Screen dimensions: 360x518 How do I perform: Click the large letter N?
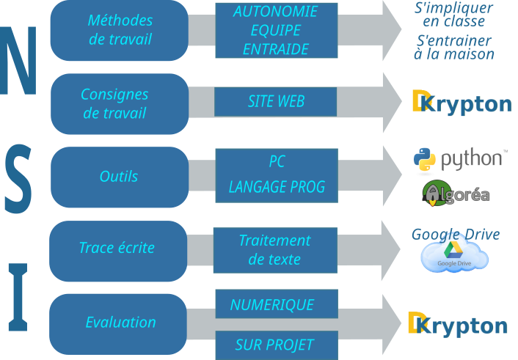click(x=18, y=62)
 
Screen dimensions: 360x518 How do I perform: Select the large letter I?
click(x=18, y=296)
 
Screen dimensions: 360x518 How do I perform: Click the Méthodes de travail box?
click(x=120, y=30)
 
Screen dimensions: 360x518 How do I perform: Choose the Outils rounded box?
click(x=120, y=177)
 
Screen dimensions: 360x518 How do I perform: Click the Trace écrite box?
click(x=118, y=248)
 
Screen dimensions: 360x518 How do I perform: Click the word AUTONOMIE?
click(x=275, y=12)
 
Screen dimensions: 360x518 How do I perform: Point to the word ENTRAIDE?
click(x=275, y=49)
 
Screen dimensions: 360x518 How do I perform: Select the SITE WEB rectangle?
click(x=276, y=102)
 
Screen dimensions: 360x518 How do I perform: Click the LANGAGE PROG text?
click(x=277, y=188)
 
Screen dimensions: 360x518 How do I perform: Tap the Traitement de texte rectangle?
click(x=274, y=250)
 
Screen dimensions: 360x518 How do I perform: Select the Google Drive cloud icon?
click(x=455, y=257)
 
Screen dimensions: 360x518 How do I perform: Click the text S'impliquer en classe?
click(x=453, y=15)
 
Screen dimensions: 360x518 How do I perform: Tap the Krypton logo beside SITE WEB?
click(x=462, y=103)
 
